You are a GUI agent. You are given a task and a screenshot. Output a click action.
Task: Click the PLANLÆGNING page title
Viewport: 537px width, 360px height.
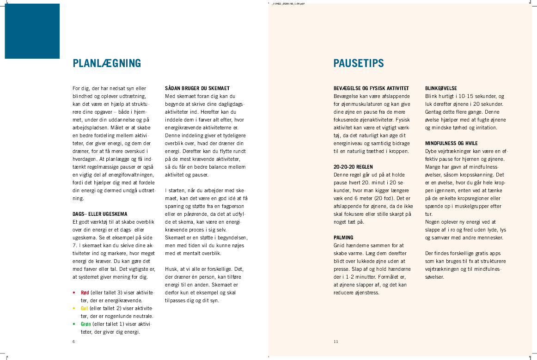107,63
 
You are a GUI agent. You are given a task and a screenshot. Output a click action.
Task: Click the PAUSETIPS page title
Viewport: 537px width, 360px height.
359,63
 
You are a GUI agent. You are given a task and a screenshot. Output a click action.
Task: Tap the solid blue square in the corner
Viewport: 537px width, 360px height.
32,31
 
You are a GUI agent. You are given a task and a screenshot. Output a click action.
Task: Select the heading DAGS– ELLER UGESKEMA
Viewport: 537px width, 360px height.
100,214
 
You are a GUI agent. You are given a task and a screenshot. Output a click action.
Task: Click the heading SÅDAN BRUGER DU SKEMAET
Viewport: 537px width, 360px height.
197,88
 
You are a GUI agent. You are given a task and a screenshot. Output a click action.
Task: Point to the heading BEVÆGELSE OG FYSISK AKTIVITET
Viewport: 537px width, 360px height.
371,88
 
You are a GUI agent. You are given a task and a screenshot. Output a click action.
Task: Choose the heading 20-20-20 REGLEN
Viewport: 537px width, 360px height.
353,167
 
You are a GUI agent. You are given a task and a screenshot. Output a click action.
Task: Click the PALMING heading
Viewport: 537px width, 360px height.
343,238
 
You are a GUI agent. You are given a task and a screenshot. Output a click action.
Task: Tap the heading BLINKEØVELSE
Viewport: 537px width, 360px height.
441,88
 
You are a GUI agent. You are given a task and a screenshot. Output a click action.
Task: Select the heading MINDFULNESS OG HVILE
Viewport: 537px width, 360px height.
452,143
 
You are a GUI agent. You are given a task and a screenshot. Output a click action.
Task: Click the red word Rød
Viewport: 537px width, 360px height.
85,293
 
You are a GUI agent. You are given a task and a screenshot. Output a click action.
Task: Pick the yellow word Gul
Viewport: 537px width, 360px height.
84,308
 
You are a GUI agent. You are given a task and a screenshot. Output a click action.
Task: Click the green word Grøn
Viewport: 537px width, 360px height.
85,324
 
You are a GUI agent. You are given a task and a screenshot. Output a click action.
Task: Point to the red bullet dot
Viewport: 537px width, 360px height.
74,293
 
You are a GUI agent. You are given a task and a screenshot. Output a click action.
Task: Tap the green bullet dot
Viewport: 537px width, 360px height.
74,324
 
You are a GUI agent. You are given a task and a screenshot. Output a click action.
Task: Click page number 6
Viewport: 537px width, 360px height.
73,342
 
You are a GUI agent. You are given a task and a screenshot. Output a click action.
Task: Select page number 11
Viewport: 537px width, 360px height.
336,342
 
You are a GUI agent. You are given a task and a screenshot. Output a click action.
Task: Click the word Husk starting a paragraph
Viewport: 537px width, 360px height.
171,269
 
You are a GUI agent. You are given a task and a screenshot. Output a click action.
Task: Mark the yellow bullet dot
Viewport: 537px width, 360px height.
74,308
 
